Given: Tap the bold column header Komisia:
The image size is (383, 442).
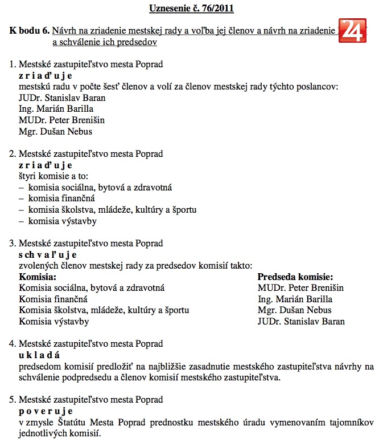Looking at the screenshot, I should [38, 277].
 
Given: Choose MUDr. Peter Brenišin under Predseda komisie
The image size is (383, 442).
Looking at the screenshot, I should [300, 288].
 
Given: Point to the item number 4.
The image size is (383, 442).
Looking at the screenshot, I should [13, 344].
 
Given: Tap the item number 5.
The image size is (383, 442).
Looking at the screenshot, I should [13, 399].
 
